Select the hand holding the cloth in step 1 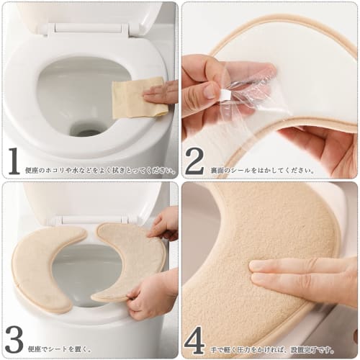pos(164,93)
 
